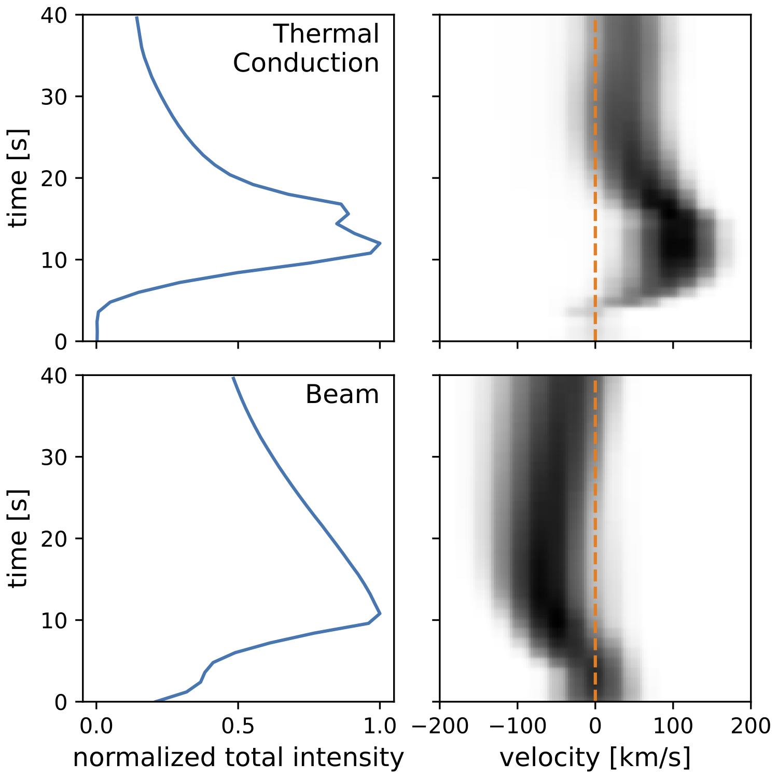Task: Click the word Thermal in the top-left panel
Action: [326, 34]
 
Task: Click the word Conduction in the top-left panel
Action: [305, 63]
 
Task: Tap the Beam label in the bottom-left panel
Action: [342, 395]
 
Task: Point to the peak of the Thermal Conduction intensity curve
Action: [380, 243]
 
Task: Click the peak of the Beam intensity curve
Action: [380, 614]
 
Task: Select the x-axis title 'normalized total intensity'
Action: [238, 758]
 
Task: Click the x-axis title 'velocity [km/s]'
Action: [595, 758]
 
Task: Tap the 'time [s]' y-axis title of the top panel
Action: [18, 178]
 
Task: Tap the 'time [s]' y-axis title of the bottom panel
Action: [18, 538]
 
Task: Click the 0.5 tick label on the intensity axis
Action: [238, 727]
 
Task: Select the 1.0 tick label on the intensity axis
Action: [380, 727]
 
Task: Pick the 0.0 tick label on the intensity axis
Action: [96, 727]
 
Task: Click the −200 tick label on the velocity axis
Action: [440, 727]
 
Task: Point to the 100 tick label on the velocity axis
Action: [673, 727]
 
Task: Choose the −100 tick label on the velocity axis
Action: [517, 727]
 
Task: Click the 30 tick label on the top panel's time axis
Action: [54, 97]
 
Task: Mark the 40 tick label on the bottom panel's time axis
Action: [54, 376]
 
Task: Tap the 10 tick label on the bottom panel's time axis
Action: [54, 620]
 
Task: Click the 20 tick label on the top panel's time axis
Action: [54, 178]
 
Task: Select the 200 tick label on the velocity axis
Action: [751, 727]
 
